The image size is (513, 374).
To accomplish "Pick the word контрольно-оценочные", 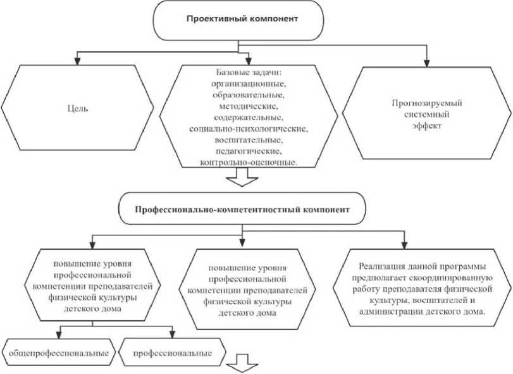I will pyautogui.click(x=249, y=163).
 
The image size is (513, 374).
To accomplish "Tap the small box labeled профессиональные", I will pyautogui.click(x=171, y=351).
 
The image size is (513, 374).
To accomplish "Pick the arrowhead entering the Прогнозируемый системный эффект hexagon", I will pyautogui.click(x=426, y=63).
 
